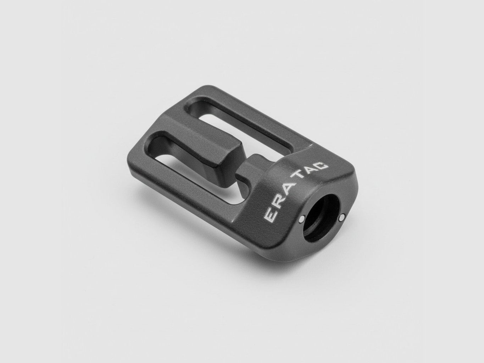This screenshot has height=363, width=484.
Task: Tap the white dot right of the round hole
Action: (x=342, y=219)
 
